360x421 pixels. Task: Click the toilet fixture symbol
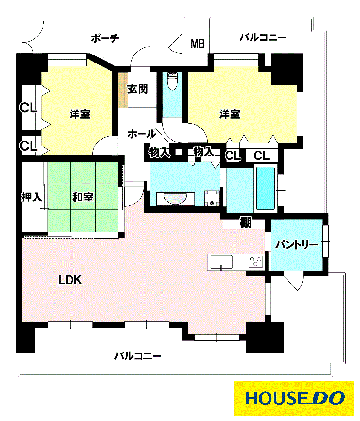(172, 80)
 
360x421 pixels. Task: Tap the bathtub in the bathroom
(266, 188)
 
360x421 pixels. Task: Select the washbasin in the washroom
(176, 199)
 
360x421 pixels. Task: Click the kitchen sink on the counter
(221, 262)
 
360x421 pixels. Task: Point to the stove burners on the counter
(255, 261)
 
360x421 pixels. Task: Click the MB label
(198, 43)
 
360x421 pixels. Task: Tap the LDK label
(70, 280)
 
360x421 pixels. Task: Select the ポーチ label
(105, 38)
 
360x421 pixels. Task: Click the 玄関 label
(138, 89)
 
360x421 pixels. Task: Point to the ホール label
(142, 134)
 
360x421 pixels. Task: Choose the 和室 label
(83, 197)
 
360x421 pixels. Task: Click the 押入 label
(32, 197)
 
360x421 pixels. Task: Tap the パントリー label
(297, 245)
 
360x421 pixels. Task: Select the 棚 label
(245, 222)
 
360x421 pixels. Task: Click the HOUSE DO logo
(294, 398)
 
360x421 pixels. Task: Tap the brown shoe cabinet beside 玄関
(123, 90)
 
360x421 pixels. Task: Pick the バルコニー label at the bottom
(138, 356)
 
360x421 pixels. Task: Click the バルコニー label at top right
(263, 37)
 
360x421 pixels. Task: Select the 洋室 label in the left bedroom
(80, 114)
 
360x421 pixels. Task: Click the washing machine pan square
(212, 198)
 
